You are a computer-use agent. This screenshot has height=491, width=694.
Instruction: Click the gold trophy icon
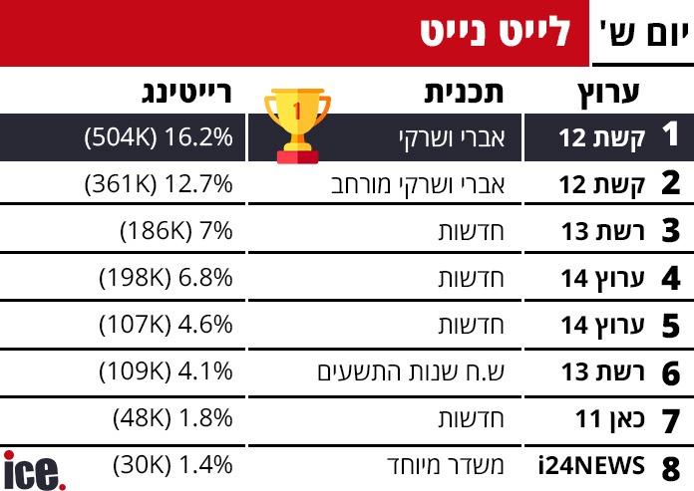pyautogui.click(x=296, y=123)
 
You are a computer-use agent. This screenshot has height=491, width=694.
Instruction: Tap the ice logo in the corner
pyautogui.click(x=33, y=469)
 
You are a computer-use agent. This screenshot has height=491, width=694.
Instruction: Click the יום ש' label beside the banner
pyautogui.click(x=643, y=34)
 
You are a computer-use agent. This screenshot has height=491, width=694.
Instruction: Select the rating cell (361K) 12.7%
pyautogui.click(x=160, y=184)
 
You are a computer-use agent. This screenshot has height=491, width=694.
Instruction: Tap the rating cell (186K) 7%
pyautogui.click(x=175, y=231)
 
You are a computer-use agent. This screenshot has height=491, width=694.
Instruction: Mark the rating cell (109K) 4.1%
pyautogui.click(x=166, y=372)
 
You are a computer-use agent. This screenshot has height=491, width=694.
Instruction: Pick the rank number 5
pyautogui.click(x=671, y=326)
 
